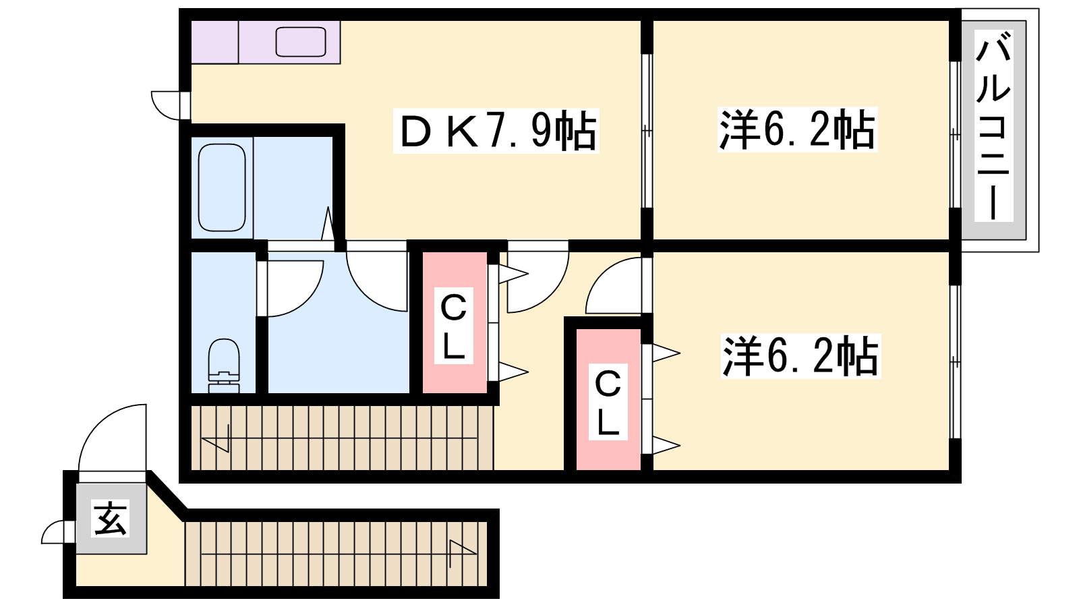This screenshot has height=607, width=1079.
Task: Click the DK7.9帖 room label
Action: click(496, 131)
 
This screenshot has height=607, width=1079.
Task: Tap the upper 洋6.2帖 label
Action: click(797, 130)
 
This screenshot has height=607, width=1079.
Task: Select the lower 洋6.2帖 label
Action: click(800, 356)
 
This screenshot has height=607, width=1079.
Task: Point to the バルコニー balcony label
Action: click(993, 125)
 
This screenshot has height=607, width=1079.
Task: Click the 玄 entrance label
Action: click(111, 519)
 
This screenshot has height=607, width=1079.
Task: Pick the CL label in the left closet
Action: click(453, 326)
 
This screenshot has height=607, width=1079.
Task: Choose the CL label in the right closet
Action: click(608, 402)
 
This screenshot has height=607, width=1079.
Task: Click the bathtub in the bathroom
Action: click(222, 187)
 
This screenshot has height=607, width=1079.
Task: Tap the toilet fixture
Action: click(224, 366)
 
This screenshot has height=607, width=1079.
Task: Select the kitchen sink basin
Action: click(301, 42)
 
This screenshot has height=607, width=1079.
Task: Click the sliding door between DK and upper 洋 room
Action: click(647, 131)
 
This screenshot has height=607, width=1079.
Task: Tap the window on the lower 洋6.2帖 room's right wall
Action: click(955, 362)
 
